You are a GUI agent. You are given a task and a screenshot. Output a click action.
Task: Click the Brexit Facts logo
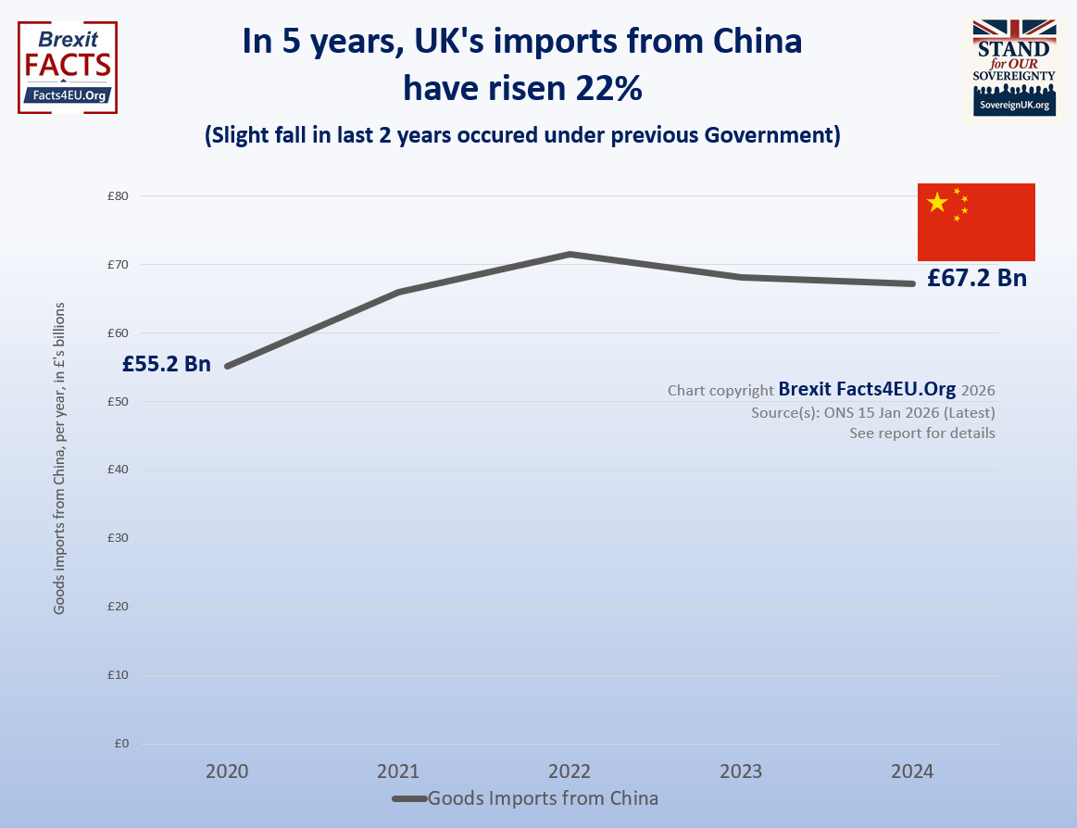point(68,67)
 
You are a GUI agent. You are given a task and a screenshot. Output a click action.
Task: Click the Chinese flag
point(976,222)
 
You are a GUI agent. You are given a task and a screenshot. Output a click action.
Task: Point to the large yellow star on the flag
point(937,202)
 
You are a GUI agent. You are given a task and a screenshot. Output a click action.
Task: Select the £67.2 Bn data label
point(977,278)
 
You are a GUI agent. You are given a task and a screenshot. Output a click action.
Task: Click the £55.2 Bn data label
point(167,364)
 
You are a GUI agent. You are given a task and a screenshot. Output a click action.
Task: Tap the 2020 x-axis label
point(227,772)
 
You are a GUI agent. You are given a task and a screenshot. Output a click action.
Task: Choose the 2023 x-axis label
point(741,772)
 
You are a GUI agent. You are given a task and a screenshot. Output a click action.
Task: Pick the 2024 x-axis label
point(912,772)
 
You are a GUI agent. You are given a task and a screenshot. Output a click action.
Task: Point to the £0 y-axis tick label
point(120,744)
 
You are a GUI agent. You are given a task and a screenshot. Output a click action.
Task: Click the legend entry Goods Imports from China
point(543,798)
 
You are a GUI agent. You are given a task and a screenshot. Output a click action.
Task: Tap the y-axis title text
point(59,457)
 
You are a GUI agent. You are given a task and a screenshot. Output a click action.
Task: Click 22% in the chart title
point(606,90)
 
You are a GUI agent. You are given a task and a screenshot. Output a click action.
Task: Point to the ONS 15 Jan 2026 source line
point(873,412)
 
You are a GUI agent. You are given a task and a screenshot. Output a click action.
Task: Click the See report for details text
point(922,433)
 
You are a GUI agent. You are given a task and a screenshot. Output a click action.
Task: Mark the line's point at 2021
point(398,292)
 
